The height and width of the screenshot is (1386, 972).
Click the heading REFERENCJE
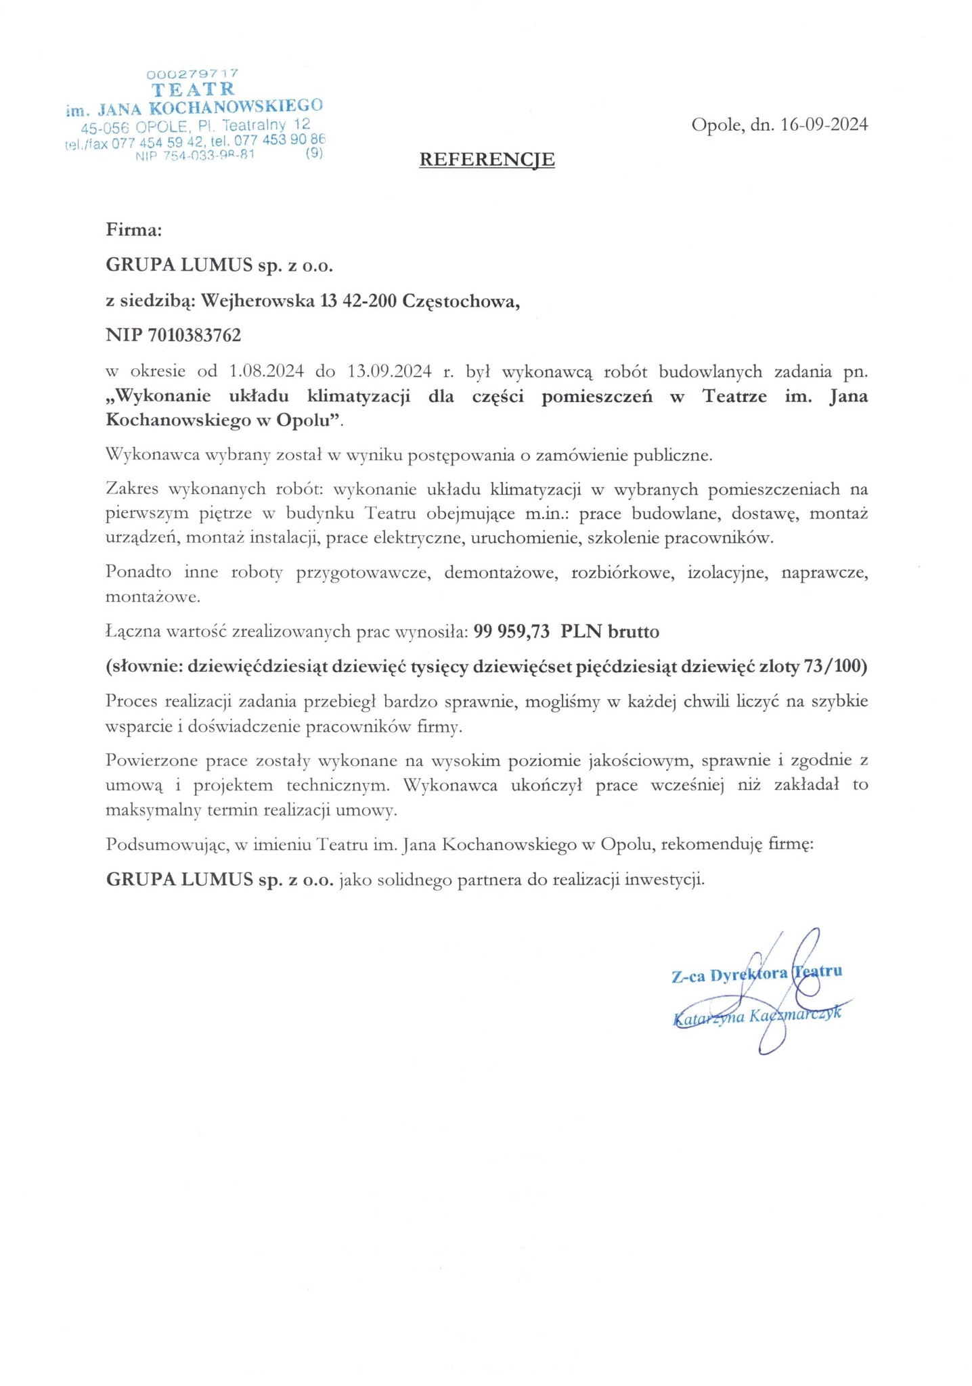click(x=487, y=160)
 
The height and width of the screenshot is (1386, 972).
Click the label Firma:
click(x=134, y=230)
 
